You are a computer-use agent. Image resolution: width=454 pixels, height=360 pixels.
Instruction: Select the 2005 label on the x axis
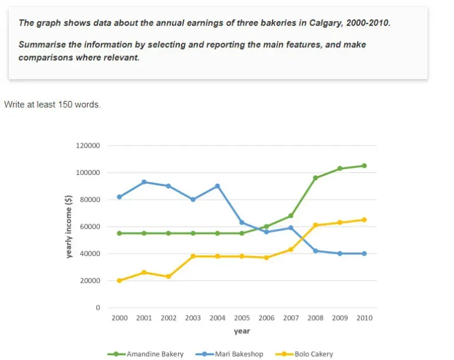pos(242,318)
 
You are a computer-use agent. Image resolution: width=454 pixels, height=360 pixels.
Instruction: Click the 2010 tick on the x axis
pos(364,318)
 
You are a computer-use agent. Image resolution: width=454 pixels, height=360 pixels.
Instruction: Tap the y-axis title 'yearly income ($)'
pos(69,227)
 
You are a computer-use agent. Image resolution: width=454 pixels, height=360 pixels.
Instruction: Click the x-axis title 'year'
pos(241,332)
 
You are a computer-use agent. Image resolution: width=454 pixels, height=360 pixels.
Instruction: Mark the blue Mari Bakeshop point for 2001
pos(144,182)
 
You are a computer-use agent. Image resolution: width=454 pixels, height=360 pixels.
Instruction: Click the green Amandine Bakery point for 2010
pos(364,166)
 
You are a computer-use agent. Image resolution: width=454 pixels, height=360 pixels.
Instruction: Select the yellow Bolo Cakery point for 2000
pos(119,281)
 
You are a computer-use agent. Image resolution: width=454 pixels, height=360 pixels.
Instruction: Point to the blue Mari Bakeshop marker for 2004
pos(218,186)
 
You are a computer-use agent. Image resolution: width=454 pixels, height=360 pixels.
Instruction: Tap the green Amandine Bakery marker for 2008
pos(315,178)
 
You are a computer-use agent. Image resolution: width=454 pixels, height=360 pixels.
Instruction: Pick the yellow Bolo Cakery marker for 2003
pos(193,257)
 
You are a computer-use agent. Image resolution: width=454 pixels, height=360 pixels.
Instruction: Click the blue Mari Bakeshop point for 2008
pos(315,251)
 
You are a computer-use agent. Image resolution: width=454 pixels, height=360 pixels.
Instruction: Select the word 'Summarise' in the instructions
pos(42,44)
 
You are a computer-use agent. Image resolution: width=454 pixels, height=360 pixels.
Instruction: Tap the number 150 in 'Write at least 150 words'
pos(66,105)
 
